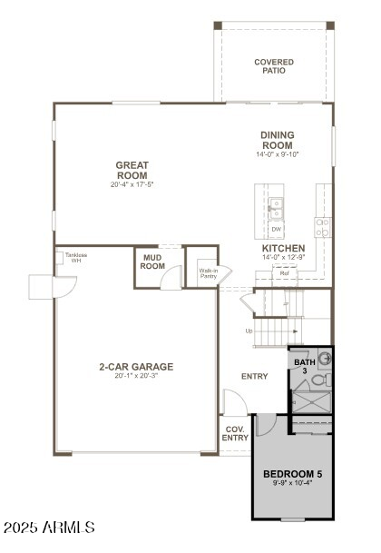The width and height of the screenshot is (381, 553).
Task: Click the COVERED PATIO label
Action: [x=273, y=66]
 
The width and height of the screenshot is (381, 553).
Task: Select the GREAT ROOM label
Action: [x=132, y=170]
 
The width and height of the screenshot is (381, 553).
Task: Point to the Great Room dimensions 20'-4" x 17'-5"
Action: [x=132, y=185]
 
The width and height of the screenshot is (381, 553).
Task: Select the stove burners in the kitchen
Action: [x=322, y=227]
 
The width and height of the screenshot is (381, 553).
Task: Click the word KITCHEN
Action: [x=283, y=249]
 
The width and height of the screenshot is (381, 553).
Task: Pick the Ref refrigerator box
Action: [x=284, y=272]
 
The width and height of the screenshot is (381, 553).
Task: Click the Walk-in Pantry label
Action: [x=208, y=272]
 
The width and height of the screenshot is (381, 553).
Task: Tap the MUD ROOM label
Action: [x=152, y=262]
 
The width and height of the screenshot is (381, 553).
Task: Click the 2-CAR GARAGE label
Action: [x=136, y=367]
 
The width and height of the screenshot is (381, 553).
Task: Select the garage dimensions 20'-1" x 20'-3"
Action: [x=136, y=378]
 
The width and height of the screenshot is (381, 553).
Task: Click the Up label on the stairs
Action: [x=249, y=331]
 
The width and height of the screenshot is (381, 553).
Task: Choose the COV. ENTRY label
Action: [x=235, y=434]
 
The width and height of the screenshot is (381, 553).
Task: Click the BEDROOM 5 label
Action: [x=292, y=475]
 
